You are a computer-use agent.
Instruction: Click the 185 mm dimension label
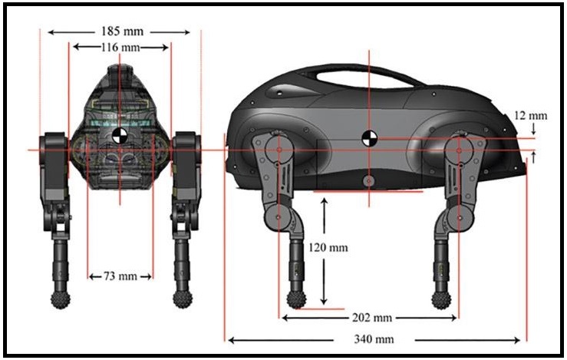coord(122,31)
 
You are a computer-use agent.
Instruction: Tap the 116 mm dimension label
coord(120,47)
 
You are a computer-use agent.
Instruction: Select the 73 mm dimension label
coord(120,276)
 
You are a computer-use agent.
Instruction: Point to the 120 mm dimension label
coord(328,247)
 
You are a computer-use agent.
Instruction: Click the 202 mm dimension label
coord(372,318)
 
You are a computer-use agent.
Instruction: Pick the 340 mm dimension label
coord(374,339)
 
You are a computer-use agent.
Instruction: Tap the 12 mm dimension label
coord(531,116)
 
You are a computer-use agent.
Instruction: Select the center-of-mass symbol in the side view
coord(369,139)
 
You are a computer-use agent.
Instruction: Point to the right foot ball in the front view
coord(183,299)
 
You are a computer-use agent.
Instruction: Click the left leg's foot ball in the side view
coord(296,300)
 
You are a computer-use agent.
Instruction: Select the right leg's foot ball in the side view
coord(441,300)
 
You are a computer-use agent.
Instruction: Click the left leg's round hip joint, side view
coord(279,149)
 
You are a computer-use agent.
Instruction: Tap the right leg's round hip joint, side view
coord(459,149)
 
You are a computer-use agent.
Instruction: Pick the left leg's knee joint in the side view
coord(278,217)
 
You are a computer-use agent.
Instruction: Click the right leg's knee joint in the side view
coord(460,218)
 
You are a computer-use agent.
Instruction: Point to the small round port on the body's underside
coord(368,180)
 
